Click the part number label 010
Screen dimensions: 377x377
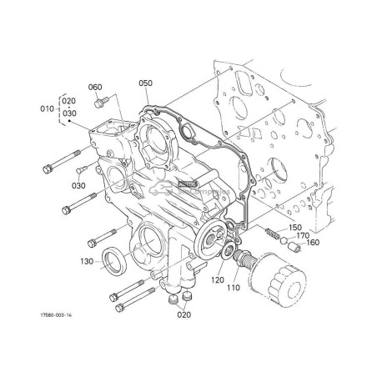click(48, 107)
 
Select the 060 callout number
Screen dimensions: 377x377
click(95, 87)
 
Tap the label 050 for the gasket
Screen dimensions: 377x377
click(145, 83)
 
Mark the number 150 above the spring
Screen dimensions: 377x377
click(295, 227)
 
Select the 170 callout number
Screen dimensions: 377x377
click(302, 235)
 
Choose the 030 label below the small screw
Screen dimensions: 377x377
click(79, 186)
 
